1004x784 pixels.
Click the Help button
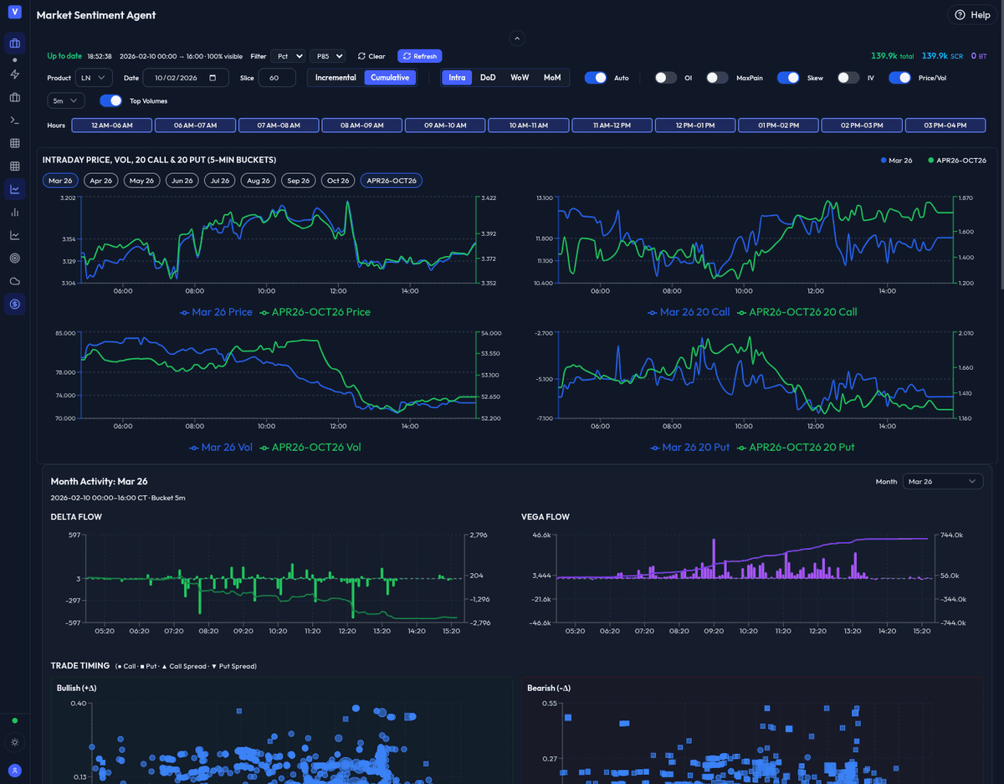pos(971,15)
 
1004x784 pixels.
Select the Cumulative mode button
pos(390,78)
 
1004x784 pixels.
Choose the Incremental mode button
pos(336,78)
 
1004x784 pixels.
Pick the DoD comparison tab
pos(488,78)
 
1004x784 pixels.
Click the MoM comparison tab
pos(552,78)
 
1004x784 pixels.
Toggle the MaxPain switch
pos(717,78)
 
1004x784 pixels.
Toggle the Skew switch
pos(788,78)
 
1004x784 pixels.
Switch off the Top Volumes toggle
pos(110,101)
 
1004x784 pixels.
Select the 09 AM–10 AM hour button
pos(445,126)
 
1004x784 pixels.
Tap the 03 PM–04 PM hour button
pos(945,126)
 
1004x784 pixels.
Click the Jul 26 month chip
pos(220,181)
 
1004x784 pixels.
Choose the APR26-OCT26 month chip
pos(392,181)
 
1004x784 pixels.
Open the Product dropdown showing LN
pos(93,78)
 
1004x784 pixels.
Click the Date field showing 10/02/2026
pos(186,78)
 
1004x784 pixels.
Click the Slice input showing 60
pos(277,78)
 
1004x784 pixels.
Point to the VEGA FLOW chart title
pos(546,517)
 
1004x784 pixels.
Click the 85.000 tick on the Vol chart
pos(64,333)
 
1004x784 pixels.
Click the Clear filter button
pos(371,56)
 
